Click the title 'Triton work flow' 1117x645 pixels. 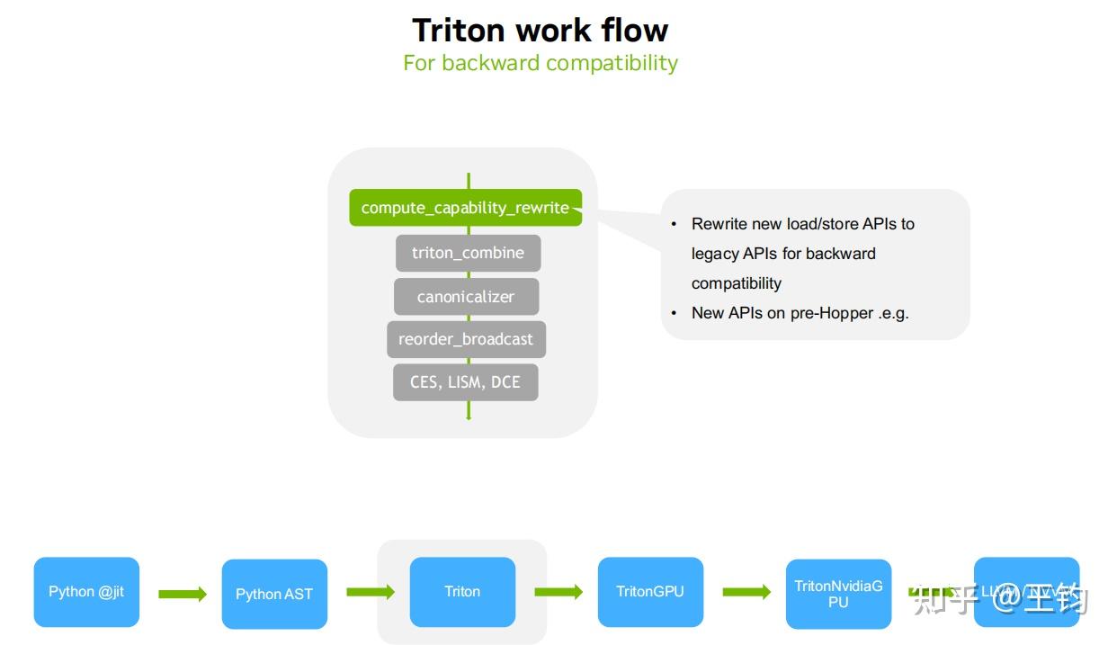pyautogui.click(x=540, y=30)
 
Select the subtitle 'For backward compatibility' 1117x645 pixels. pyautogui.click(x=540, y=63)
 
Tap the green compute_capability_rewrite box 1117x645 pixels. pyautogui.click(x=465, y=208)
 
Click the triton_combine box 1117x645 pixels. pyautogui.click(x=468, y=253)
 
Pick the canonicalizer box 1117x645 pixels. pyautogui.click(x=466, y=296)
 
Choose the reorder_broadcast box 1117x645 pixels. pyautogui.click(x=466, y=339)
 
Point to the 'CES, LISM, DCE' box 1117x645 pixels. pyautogui.click(x=465, y=382)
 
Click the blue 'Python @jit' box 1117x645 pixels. pyautogui.click(x=86, y=592)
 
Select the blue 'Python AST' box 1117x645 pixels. pyautogui.click(x=274, y=594)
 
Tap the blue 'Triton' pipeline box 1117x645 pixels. pyautogui.click(x=462, y=592)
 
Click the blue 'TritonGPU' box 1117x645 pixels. pyautogui.click(x=650, y=592)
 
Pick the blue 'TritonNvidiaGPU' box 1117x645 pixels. pyautogui.click(x=838, y=594)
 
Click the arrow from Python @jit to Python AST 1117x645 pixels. pyautogui.click(x=183, y=594)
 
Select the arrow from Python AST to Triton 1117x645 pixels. pyautogui.click(x=371, y=592)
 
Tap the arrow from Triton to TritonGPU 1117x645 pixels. pyautogui.click(x=558, y=592)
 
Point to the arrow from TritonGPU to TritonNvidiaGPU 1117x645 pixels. pyautogui.click(x=746, y=592)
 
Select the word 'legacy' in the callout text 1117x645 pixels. pyautogui.click(x=715, y=254)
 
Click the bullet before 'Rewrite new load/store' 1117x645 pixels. pyautogui.click(x=675, y=224)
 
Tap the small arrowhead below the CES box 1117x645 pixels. pyautogui.click(x=469, y=415)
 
